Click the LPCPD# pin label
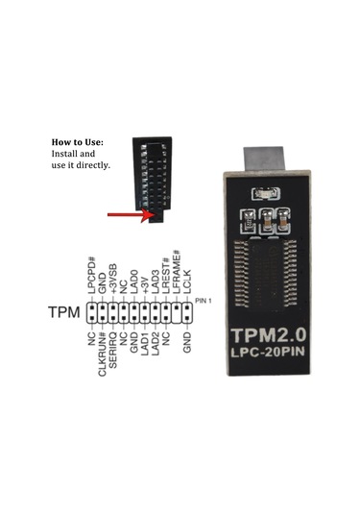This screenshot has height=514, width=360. coord(93,277)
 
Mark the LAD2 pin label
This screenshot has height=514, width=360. coord(156,344)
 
